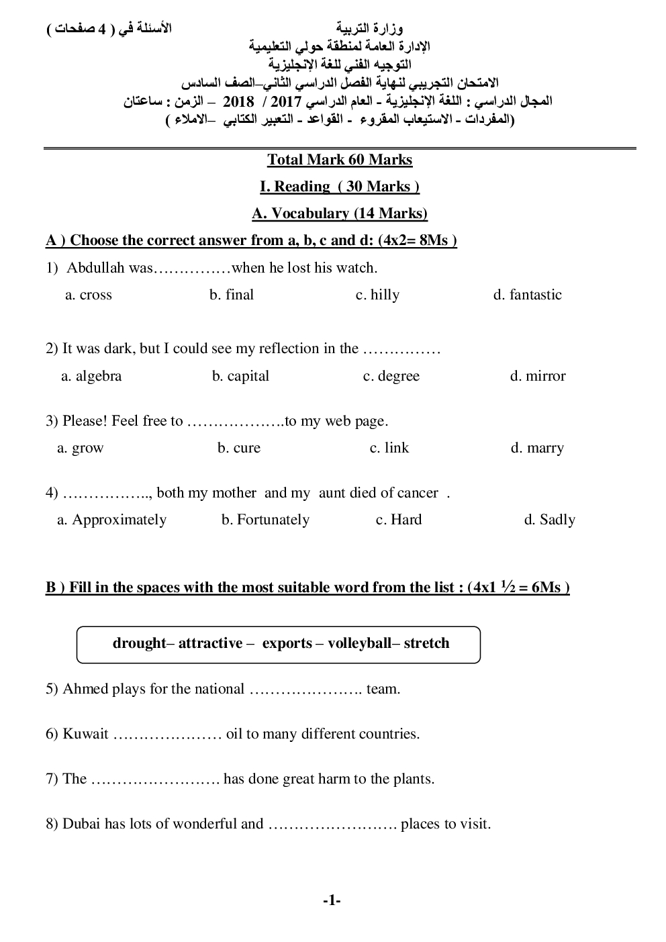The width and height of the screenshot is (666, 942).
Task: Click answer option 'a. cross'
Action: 88,295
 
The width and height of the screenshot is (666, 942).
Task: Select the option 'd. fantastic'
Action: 527,295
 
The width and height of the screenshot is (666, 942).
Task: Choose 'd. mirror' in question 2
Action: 537,376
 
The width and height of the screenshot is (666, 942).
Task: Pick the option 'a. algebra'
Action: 91,376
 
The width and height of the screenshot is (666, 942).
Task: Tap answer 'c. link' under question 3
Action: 389,448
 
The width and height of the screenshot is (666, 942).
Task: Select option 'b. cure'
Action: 238,448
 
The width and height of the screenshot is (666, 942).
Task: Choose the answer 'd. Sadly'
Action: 549,520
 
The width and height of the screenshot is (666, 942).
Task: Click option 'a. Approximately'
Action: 111,520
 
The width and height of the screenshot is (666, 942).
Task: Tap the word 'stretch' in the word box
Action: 426,643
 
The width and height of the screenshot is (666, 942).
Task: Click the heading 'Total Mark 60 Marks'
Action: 340,160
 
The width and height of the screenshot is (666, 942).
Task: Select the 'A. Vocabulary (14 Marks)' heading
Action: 340,214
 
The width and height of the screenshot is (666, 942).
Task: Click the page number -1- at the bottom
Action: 332,901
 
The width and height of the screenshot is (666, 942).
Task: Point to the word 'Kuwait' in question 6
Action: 85,734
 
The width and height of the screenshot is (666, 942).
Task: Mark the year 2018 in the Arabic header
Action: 238,102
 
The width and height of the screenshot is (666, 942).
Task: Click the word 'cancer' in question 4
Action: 417,493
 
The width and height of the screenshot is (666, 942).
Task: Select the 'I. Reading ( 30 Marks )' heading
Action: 340,187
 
